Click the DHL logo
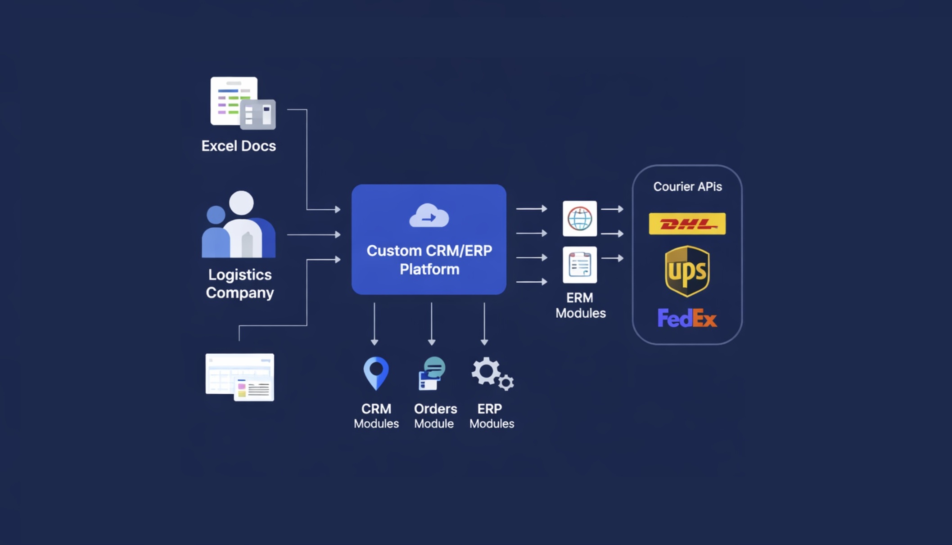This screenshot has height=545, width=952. pyautogui.click(x=687, y=224)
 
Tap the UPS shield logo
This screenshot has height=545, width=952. pyautogui.click(x=687, y=271)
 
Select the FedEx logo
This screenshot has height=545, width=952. pyautogui.click(x=687, y=319)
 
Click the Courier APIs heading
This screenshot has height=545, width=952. pyautogui.click(x=687, y=187)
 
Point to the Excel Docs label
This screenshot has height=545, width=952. pyautogui.click(x=239, y=146)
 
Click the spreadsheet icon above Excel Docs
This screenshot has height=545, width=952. pyautogui.click(x=242, y=103)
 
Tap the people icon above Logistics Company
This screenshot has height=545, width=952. pyautogui.click(x=239, y=225)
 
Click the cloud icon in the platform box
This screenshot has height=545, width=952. pyautogui.click(x=429, y=216)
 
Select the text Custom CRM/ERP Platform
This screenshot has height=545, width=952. pyautogui.click(x=429, y=260)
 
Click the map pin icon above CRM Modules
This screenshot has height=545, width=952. pyautogui.click(x=376, y=373)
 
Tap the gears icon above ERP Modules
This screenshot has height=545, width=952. pyautogui.click(x=492, y=374)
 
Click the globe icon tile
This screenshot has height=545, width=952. pyautogui.click(x=580, y=219)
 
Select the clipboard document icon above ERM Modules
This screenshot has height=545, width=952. pyautogui.click(x=580, y=265)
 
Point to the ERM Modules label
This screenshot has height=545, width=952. pyautogui.click(x=580, y=306)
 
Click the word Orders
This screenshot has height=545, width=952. pyautogui.click(x=435, y=409)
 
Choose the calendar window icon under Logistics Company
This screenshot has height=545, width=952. pyautogui.click(x=240, y=377)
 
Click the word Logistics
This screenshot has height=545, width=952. pyautogui.click(x=240, y=275)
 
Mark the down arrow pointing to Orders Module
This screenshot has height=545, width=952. pyautogui.click(x=432, y=324)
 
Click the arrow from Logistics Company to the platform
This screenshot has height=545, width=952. pyautogui.click(x=314, y=234)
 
